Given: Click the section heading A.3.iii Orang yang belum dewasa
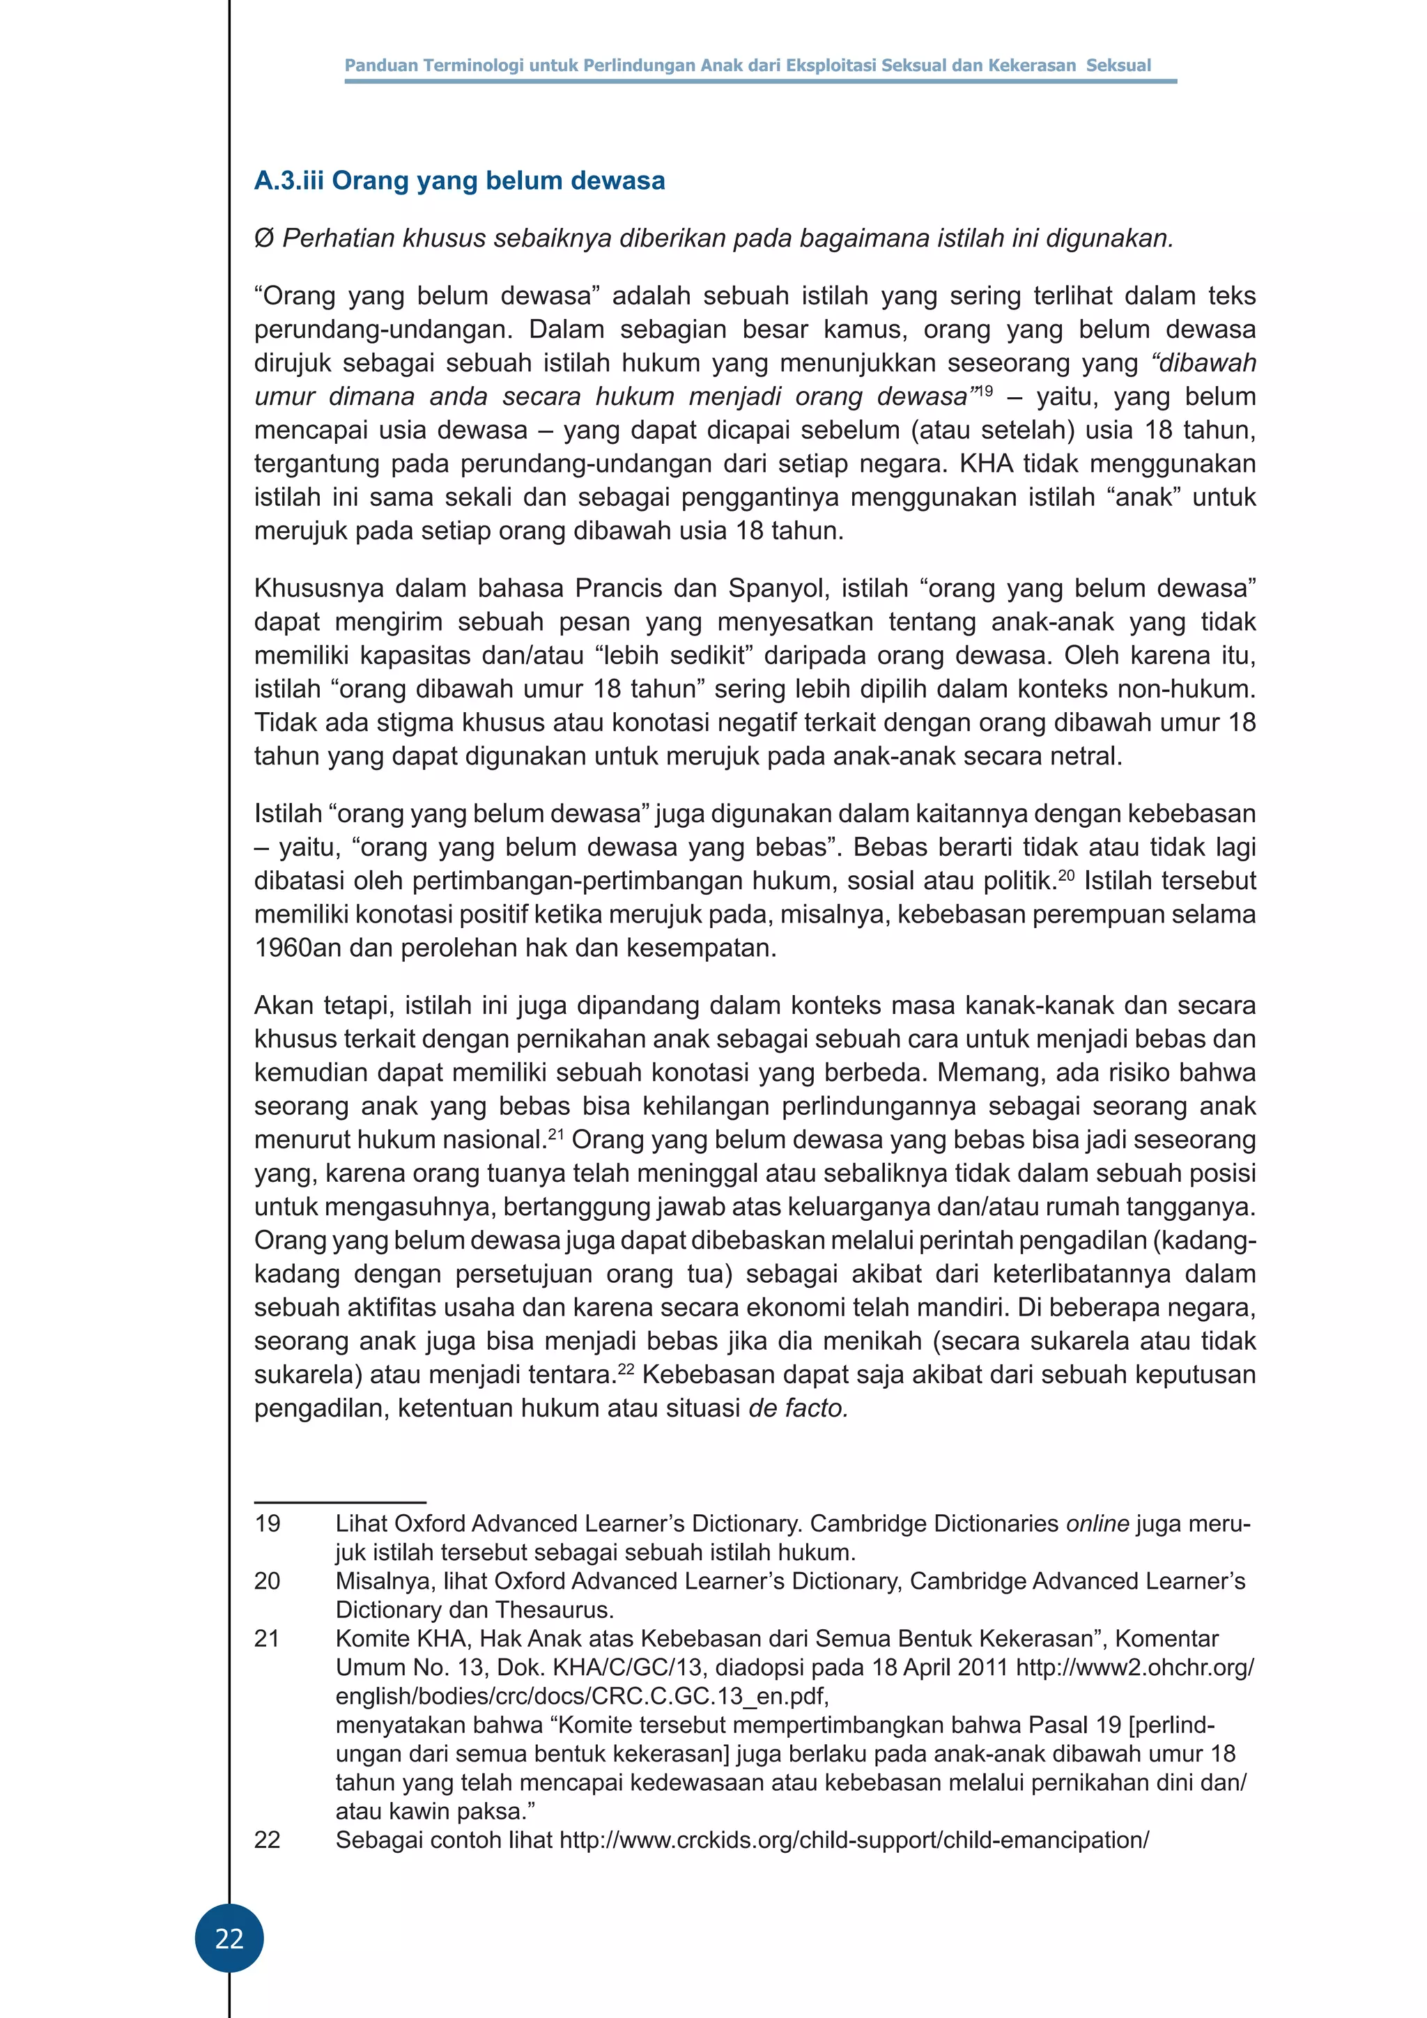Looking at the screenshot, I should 460,181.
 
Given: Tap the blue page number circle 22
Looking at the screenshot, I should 229,1938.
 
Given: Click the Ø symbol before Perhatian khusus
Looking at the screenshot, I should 263,238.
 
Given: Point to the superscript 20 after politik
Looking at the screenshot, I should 1066,875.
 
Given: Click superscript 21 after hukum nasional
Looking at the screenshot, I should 555,1134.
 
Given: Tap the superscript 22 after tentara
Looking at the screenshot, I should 626,1369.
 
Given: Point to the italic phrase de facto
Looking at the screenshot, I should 798,1409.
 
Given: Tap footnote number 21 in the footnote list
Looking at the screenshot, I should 267,1638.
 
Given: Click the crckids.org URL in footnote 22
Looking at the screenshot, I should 854,1840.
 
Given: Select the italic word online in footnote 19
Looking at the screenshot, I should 1097,1523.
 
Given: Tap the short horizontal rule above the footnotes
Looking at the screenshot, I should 340,1503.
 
